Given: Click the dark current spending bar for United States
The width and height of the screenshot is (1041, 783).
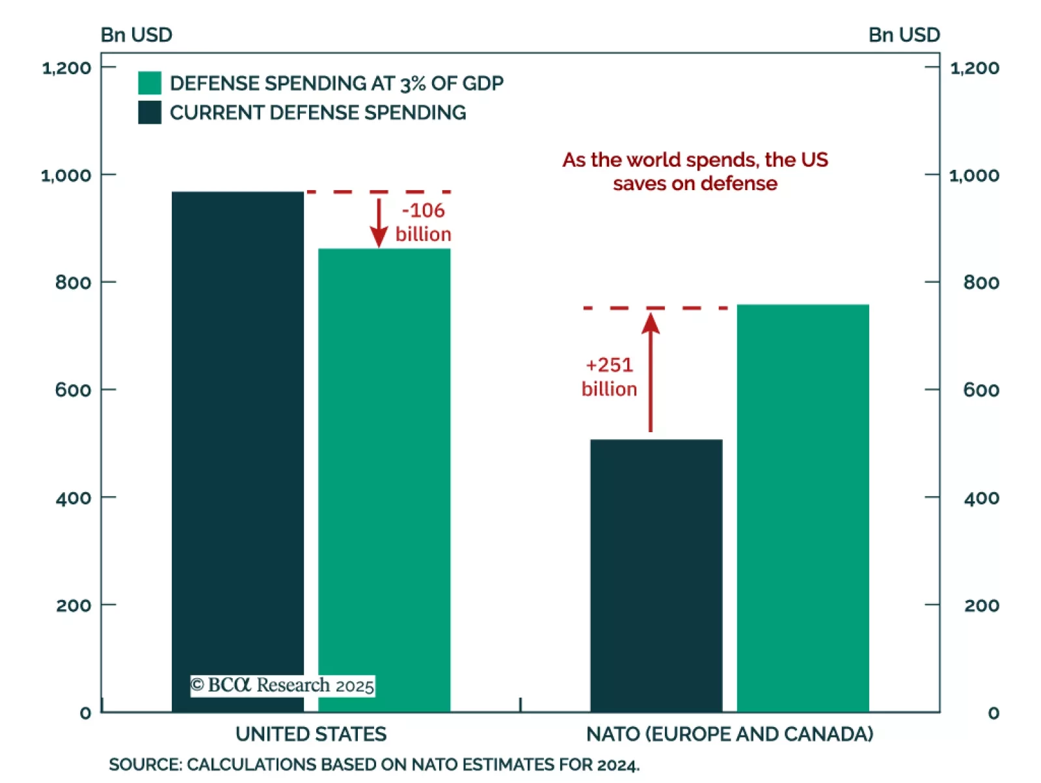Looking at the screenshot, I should click(237, 449).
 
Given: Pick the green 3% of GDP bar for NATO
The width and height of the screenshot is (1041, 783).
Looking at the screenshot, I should click(802, 508).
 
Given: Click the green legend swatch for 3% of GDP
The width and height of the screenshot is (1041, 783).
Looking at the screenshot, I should click(150, 83).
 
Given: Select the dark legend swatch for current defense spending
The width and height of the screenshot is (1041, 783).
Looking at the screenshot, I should click(150, 113).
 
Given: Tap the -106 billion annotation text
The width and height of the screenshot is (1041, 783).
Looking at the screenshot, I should click(423, 222).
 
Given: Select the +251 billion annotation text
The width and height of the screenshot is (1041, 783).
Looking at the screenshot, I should click(609, 376).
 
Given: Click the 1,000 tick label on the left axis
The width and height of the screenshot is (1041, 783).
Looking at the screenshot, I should click(66, 175).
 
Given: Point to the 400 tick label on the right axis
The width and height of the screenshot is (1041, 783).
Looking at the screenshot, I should click(981, 498).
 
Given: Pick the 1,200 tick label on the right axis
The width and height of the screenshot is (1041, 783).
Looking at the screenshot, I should click(975, 68).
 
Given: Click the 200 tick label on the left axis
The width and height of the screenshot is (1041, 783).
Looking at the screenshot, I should click(73, 605).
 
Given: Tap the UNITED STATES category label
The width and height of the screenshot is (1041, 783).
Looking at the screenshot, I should click(311, 734).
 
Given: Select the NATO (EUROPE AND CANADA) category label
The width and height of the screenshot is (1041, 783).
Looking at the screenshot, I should click(729, 734).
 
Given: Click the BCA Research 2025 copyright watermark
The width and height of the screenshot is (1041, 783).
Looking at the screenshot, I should click(282, 685).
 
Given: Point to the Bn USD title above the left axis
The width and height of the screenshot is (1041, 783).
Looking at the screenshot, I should click(137, 34).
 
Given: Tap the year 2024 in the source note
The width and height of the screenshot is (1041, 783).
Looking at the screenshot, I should click(618, 765).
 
